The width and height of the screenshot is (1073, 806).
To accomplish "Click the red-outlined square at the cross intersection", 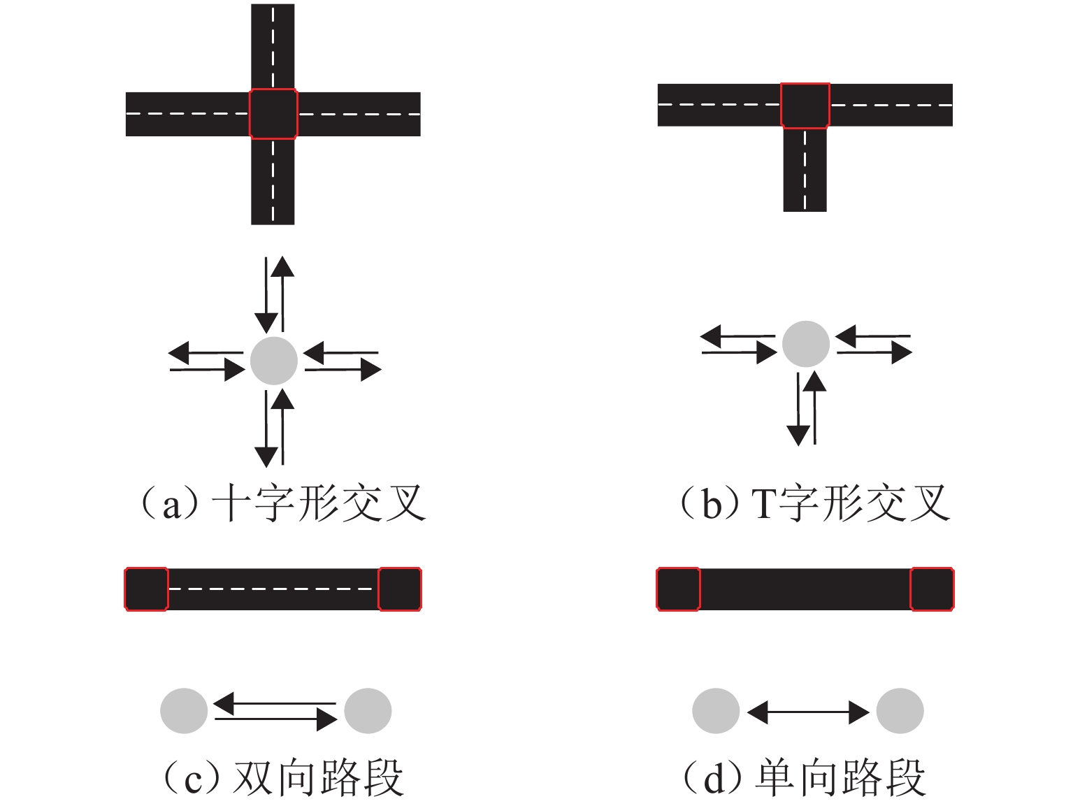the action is click(x=273, y=114).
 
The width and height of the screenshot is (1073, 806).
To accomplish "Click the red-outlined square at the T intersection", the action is click(x=805, y=106).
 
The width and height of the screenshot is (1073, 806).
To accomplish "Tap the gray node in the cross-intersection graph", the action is click(x=274, y=361).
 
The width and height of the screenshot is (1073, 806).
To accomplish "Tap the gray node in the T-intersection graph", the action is click(x=805, y=344).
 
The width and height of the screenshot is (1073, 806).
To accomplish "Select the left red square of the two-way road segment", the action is click(x=146, y=589).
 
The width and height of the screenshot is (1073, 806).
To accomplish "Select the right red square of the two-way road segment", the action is click(x=400, y=589).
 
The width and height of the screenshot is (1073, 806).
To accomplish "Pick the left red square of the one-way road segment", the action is click(x=678, y=589).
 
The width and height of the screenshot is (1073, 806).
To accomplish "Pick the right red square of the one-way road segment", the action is click(x=932, y=589).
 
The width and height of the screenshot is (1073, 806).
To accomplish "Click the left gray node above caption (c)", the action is click(x=184, y=711).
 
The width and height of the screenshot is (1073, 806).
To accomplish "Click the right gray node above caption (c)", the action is click(x=368, y=711).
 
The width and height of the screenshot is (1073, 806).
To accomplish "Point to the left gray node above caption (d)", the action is click(x=716, y=711).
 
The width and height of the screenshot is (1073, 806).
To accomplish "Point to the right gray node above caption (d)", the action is click(x=900, y=711).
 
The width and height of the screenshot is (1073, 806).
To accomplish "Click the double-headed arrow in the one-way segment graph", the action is click(x=808, y=712).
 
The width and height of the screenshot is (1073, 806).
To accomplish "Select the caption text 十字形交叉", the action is click(x=319, y=503).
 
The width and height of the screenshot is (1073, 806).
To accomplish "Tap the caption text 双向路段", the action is click(x=318, y=777).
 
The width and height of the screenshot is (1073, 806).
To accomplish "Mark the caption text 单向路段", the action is click(x=840, y=777).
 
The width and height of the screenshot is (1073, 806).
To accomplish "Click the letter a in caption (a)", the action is click(x=171, y=507).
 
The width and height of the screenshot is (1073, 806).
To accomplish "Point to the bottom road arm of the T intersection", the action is click(x=805, y=170).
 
